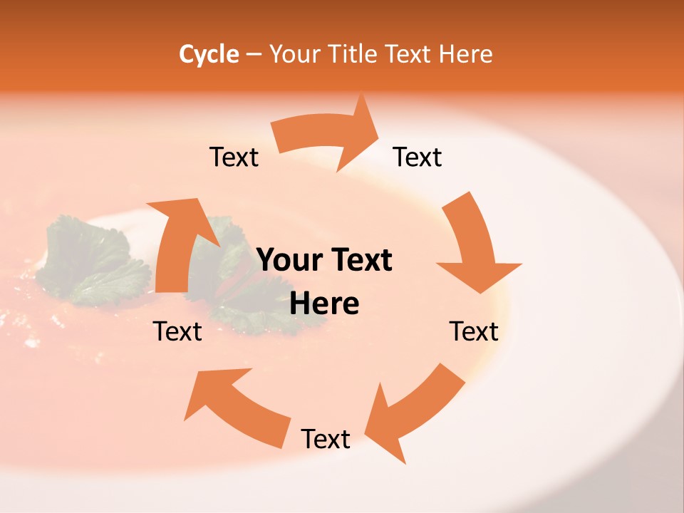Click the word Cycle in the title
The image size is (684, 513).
pyautogui.click(x=209, y=54)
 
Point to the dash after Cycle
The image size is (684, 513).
pyautogui.click(x=254, y=54)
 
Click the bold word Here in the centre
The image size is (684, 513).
pyautogui.click(x=324, y=304)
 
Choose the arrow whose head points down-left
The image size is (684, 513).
pyautogui.click(x=413, y=413)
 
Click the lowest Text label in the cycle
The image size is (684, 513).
pyautogui.click(x=326, y=440)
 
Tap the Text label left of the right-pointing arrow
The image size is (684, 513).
pyautogui.click(x=234, y=157)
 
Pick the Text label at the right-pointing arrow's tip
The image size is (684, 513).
pyautogui.click(x=418, y=157)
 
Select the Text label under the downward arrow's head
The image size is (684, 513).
pyautogui.click(x=474, y=331)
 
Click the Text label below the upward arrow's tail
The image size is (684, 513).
pyautogui.click(x=177, y=331)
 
